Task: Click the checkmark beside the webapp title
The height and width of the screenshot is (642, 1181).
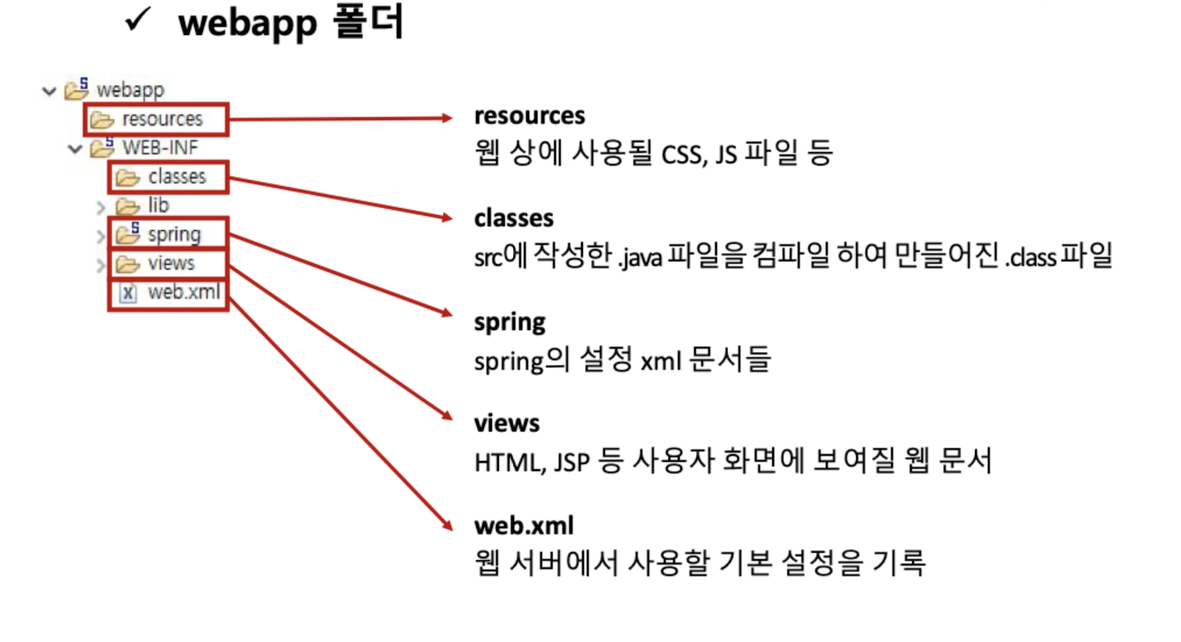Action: (139, 20)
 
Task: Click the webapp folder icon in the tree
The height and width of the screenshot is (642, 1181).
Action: (76, 89)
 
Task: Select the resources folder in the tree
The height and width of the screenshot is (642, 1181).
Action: (162, 119)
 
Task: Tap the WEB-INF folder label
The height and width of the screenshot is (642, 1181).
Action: (160, 148)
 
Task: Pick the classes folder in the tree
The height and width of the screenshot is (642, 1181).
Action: (176, 176)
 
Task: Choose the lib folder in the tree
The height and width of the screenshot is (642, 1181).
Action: (157, 205)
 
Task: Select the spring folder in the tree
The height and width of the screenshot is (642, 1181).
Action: (174, 234)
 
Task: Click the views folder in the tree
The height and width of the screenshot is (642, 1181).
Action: (171, 263)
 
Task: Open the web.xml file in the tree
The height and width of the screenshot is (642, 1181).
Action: (184, 291)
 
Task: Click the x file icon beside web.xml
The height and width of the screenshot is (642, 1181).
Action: (128, 292)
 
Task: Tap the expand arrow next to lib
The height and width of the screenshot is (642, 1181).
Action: (101, 207)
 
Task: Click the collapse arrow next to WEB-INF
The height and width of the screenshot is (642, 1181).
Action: (75, 149)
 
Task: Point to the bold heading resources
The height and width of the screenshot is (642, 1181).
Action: (529, 116)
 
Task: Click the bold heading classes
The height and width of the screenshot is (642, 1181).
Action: (513, 218)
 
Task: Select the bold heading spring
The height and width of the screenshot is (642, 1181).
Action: (509, 323)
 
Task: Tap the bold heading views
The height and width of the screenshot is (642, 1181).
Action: (506, 423)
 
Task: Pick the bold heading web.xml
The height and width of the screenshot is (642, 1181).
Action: (523, 525)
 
